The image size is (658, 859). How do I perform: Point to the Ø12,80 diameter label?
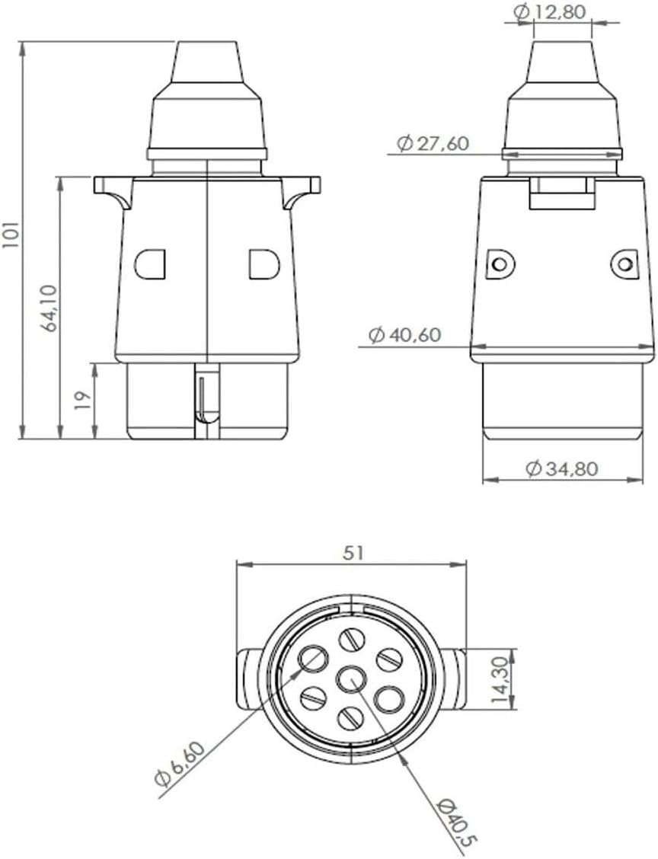tap(550, 11)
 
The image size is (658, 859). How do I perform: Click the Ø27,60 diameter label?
tap(433, 143)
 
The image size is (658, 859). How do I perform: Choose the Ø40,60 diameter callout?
tap(404, 335)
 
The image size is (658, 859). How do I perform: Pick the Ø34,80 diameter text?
tap(561, 469)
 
